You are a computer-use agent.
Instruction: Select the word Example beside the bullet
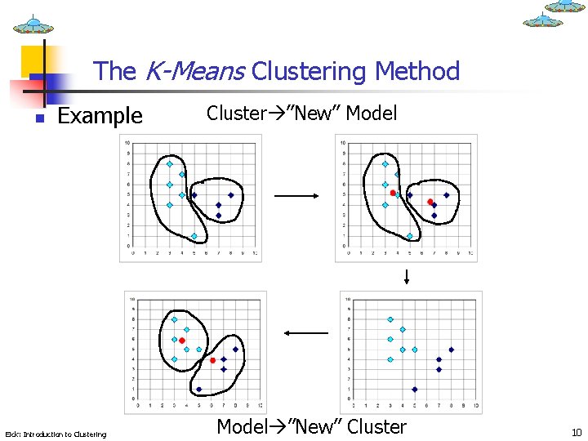pos(100,116)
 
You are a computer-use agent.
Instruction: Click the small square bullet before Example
pos(38,118)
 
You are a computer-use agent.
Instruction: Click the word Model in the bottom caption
pos(242,426)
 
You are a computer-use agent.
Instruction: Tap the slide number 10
pos(577,433)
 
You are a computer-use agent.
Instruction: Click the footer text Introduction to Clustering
pos(56,434)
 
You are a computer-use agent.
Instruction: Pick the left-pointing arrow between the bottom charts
pos(305,332)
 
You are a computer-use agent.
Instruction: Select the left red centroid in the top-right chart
pos(393,193)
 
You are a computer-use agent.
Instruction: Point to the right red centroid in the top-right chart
pos(430,202)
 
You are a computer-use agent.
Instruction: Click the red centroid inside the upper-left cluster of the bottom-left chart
pos(182,341)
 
